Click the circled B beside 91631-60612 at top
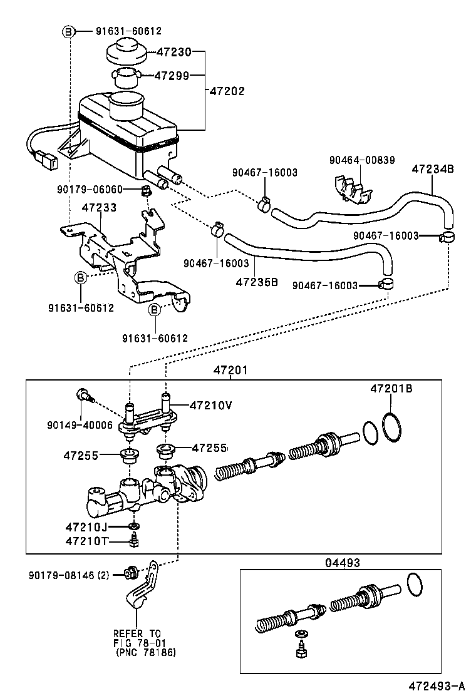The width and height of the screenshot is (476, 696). [69, 31]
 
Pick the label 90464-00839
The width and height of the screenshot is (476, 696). [362, 160]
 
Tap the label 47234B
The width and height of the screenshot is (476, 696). [433, 169]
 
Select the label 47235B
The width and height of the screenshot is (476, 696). [257, 281]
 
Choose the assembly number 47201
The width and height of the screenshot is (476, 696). [230, 370]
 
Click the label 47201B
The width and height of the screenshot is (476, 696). [391, 389]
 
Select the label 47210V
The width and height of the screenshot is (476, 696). [211, 405]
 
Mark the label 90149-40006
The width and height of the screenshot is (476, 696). [80, 425]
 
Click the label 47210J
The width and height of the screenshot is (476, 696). [86, 526]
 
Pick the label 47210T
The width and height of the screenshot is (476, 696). [86, 540]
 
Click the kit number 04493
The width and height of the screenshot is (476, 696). [343, 563]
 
